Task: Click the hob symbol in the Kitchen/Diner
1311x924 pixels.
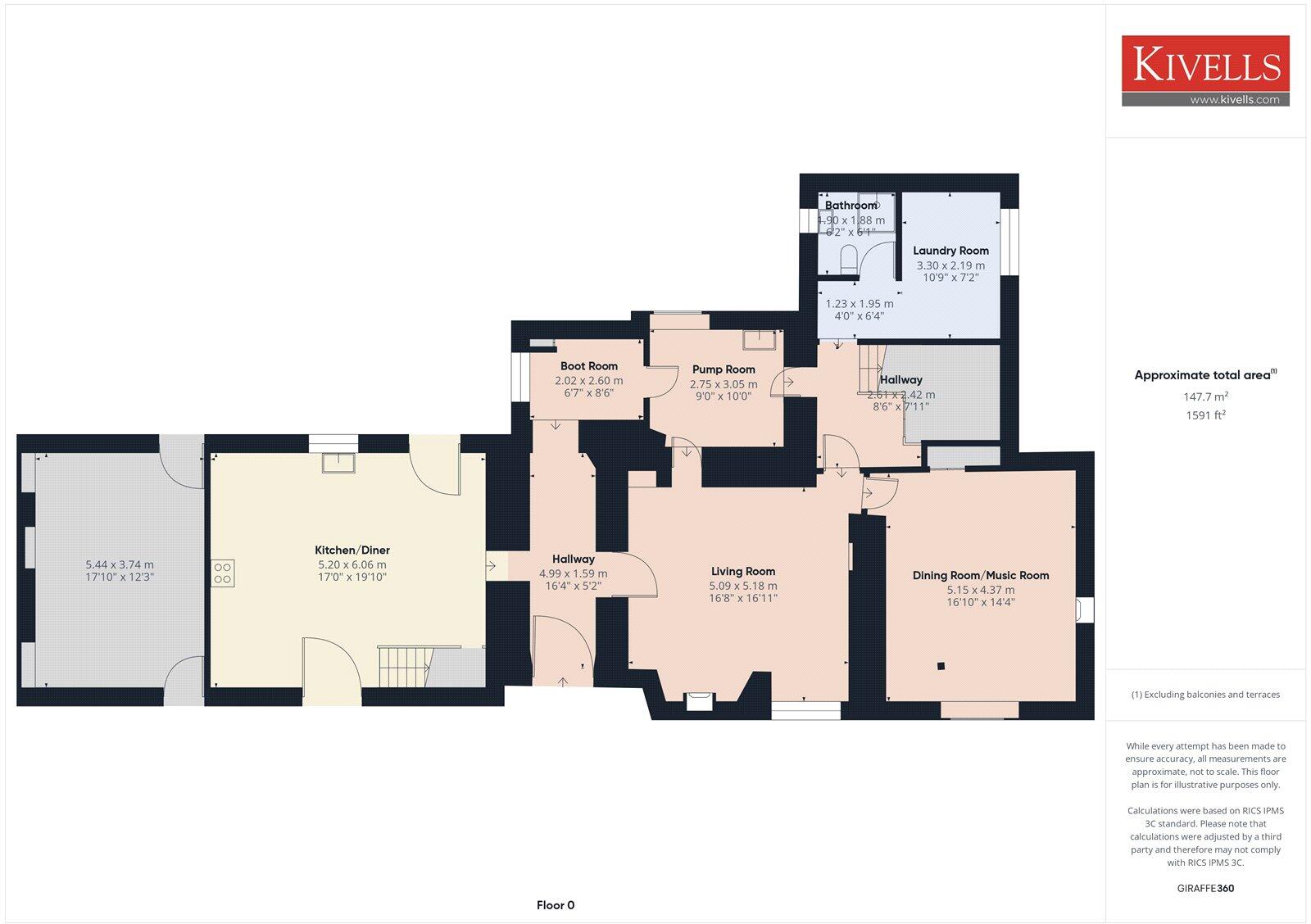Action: click(x=223, y=573)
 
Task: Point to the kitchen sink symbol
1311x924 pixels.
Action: click(x=339, y=463)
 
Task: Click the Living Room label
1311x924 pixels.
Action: click(x=742, y=571)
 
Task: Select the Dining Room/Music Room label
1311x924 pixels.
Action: click(x=981, y=575)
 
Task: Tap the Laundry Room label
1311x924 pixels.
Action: click(x=950, y=251)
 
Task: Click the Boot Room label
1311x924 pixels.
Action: click(x=588, y=366)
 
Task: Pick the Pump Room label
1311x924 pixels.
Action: click(x=724, y=369)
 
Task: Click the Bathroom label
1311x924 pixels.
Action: click(x=850, y=206)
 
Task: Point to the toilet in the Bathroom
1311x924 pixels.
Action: click(x=848, y=260)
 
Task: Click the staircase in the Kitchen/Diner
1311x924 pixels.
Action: click(x=402, y=666)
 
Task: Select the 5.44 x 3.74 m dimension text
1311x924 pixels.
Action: click(x=120, y=564)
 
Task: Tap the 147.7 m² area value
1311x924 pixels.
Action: click(x=1204, y=396)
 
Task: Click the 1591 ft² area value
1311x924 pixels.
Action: click(x=1205, y=415)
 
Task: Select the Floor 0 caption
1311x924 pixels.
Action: click(x=556, y=905)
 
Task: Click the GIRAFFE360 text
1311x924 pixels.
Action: click(x=1205, y=888)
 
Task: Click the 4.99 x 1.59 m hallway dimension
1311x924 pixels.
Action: click(x=573, y=573)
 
